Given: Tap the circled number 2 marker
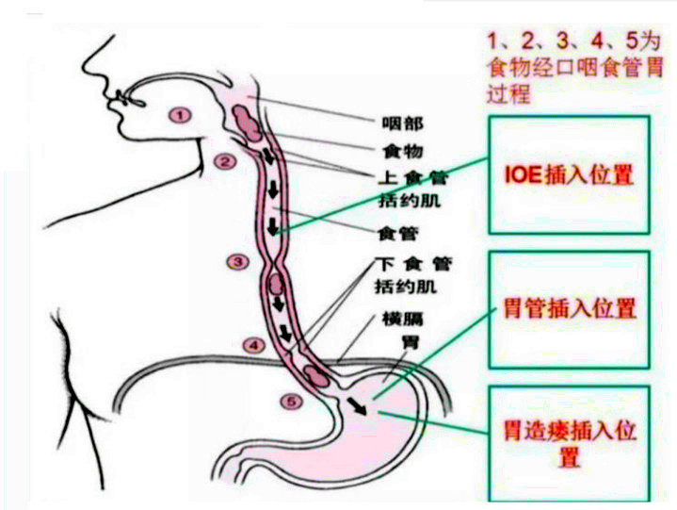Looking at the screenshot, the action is point(224,161).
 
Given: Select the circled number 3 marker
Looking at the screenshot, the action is point(238,260).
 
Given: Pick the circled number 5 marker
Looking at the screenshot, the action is point(293,401).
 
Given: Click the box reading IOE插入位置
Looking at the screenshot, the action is point(569,175).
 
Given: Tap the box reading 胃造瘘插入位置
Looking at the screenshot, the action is point(569,443).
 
